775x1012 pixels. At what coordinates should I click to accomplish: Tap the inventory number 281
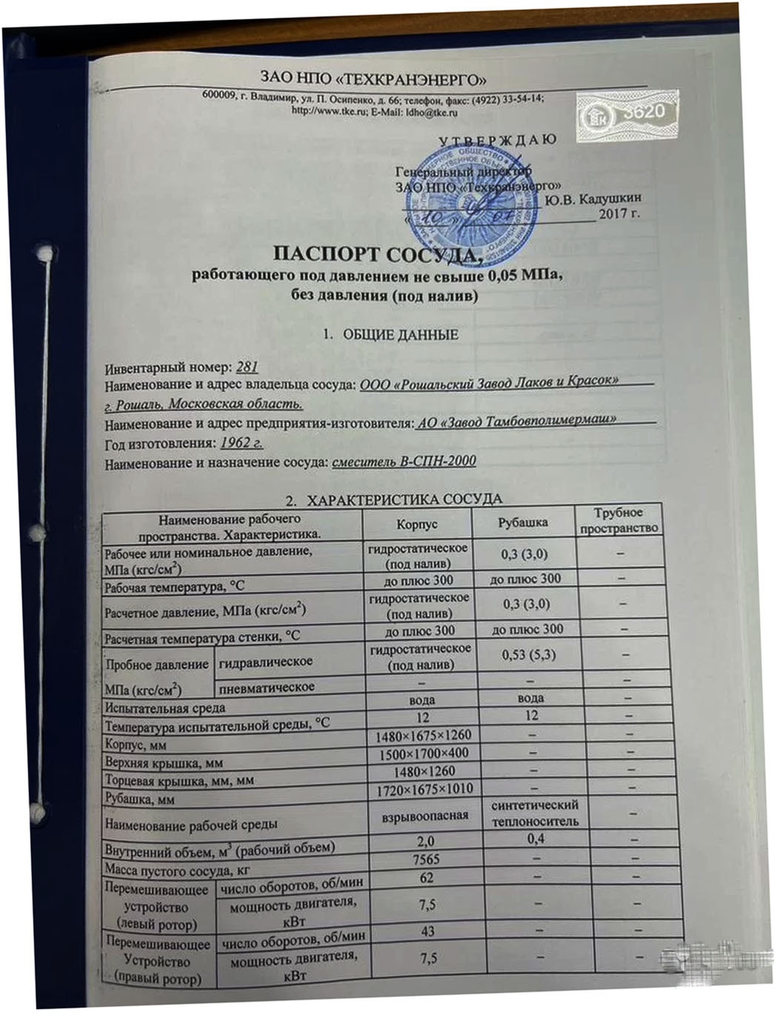coord(246,367)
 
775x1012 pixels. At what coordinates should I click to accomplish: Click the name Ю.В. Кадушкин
coord(592,199)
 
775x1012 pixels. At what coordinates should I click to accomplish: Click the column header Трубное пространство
coord(619,520)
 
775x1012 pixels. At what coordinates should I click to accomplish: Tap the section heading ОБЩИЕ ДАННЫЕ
coord(399,335)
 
